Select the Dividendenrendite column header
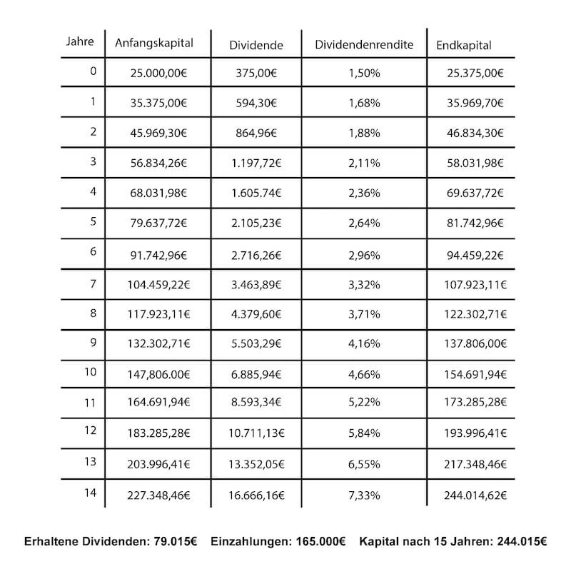(x=364, y=44)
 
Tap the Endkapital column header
(x=464, y=45)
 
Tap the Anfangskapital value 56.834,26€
(x=158, y=163)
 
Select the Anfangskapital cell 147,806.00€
(x=158, y=374)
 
